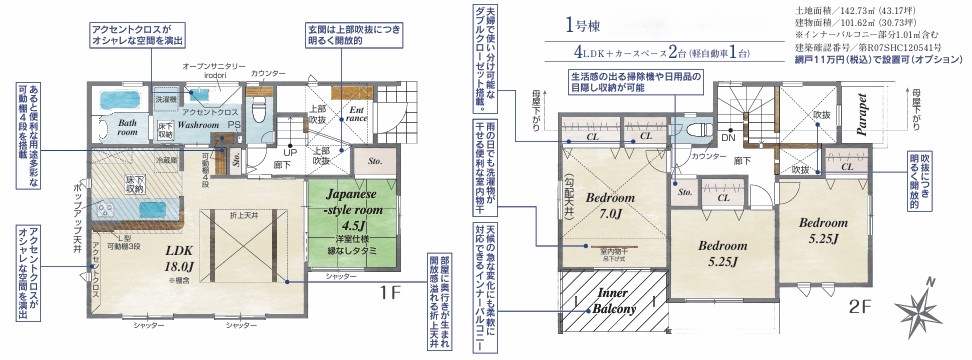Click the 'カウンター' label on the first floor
point(268,73)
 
